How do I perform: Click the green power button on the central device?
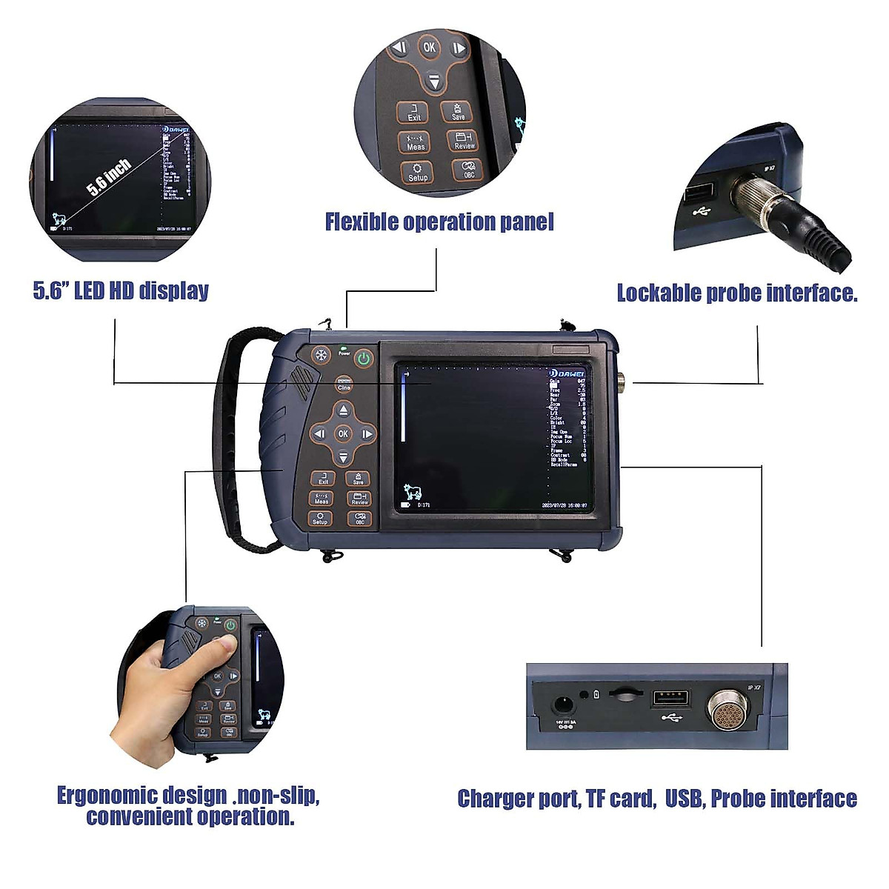click(363, 359)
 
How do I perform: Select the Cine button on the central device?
click(344, 384)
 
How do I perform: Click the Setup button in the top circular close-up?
click(418, 172)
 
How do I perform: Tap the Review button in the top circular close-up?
click(465, 141)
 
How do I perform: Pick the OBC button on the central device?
click(359, 519)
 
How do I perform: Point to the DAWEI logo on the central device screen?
click(569, 373)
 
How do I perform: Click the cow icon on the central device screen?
click(412, 493)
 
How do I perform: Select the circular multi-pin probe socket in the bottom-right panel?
click(729, 710)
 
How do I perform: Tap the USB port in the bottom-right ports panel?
click(670, 699)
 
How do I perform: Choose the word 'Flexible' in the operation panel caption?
click(361, 222)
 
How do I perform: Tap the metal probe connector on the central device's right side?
click(620, 382)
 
